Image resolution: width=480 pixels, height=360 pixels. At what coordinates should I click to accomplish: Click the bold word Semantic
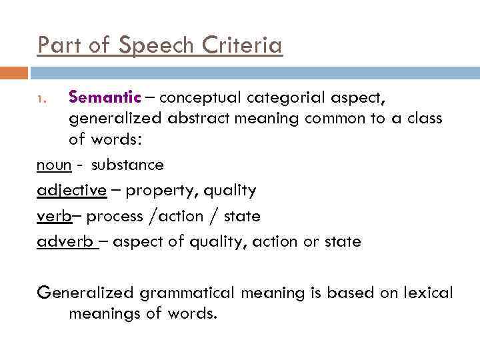105,98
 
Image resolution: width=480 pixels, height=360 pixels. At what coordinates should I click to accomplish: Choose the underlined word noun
53,165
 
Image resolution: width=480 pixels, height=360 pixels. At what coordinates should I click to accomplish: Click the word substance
128,165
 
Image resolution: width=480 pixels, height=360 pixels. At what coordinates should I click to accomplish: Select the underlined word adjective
71,191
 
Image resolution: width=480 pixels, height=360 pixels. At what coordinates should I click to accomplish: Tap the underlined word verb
53,216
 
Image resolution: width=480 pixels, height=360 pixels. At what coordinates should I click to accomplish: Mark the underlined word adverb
65,241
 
